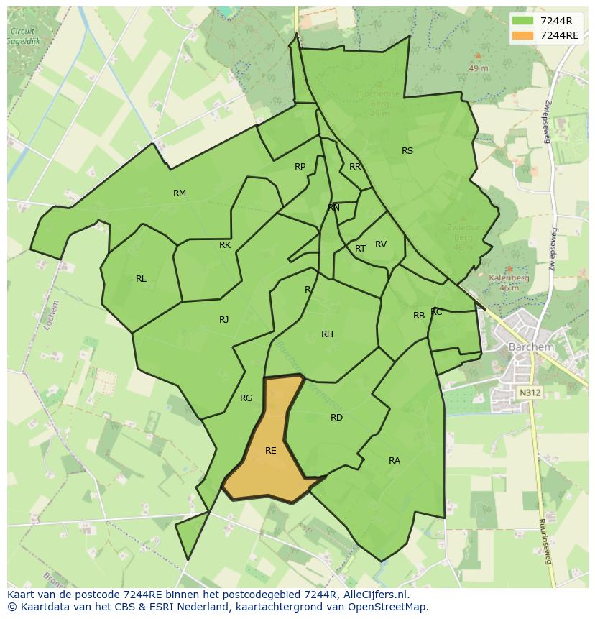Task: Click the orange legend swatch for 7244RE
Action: point(522,35)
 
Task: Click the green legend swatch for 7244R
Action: point(522,20)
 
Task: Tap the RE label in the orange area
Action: point(271,451)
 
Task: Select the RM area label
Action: point(180,193)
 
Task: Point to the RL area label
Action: point(141,279)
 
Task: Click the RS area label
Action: point(407,151)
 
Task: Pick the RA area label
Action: point(395,461)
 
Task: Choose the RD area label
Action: point(336,418)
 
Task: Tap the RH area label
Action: point(327,334)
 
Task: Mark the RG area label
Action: point(246,398)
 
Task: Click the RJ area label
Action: point(224,320)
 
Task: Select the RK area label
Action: point(225,245)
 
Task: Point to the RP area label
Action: point(300,167)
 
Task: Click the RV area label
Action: point(381,244)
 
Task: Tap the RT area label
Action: point(360,249)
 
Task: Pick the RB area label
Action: point(419,316)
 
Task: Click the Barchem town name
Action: point(531,347)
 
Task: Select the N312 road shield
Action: point(530,393)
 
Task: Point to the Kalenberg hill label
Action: point(509,278)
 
